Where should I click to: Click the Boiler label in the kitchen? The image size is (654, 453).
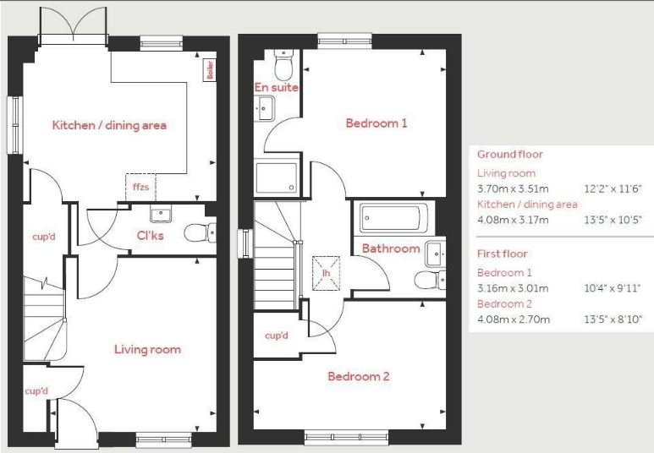[x=210, y=71]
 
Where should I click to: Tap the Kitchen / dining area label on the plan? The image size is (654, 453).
[x=109, y=126]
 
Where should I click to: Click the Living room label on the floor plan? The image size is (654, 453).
[x=148, y=349]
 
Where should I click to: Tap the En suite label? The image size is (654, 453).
[x=277, y=87]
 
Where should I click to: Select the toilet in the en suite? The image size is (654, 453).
[x=284, y=64]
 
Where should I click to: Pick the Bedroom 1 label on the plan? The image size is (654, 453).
[x=376, y=123]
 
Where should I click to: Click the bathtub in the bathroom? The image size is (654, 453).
[x=396, y=218]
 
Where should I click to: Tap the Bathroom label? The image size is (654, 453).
[x=391, y=248]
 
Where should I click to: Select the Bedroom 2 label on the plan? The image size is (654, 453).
[x=359, y=376]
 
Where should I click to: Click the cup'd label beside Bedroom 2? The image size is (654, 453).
[x=277, y=336]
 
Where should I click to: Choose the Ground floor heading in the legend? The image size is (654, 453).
[x=510, y=155]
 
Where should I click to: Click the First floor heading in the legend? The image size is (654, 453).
[x=503, y=254]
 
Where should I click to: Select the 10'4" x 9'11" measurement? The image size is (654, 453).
[x=612, y=288]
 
